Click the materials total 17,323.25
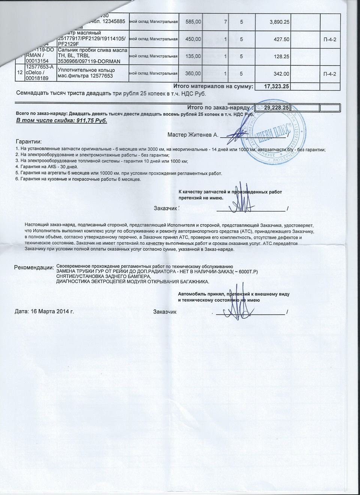[277, 87]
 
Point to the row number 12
[19, 73]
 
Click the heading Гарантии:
[29, 142]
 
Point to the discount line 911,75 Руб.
[62, 121]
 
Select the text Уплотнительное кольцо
[87, 70]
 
